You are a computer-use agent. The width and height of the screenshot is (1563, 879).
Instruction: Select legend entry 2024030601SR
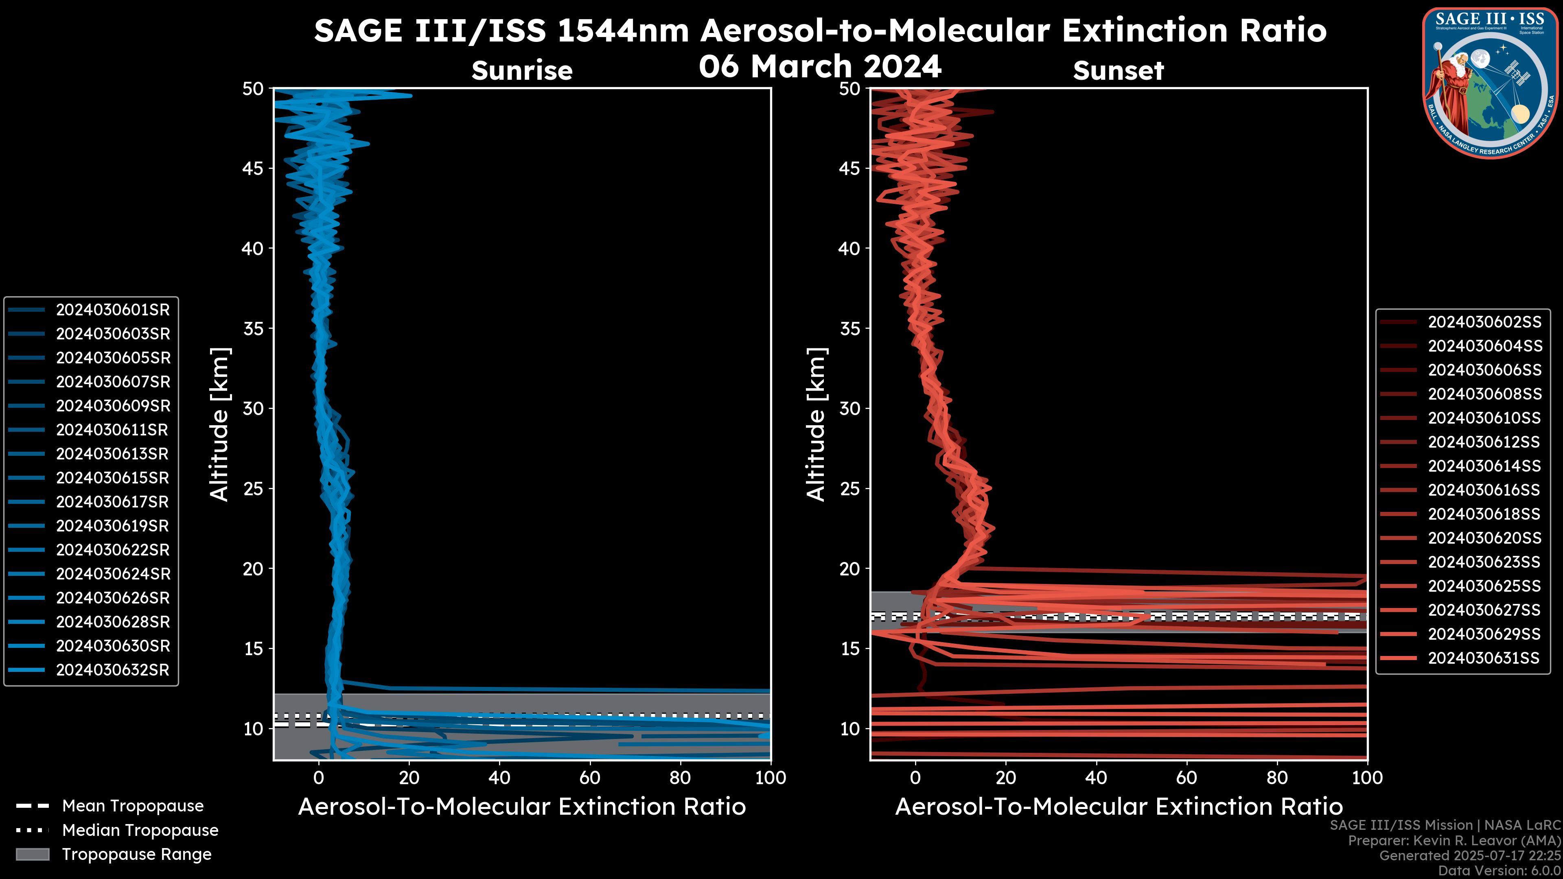[x=112, y=310]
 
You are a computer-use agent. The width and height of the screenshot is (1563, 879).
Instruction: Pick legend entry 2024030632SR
[x=112, y=670]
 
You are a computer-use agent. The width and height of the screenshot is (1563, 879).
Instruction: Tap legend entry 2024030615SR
[x=112, y=478]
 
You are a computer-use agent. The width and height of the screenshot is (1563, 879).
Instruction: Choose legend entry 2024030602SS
[x=1484, y=322]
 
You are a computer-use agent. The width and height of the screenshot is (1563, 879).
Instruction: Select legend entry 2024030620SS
[x=1484, y=538]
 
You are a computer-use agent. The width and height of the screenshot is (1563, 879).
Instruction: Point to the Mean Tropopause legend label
[x=133, y=806]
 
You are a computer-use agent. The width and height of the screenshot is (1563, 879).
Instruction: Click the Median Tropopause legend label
[x=140, y=831]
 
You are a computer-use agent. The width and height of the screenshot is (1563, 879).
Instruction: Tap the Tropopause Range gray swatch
[x=32, y=855]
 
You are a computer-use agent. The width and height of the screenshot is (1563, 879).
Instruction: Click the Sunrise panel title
[x=522, y=71]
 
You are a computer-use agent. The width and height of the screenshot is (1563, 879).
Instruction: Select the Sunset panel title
[x=1118, y=71]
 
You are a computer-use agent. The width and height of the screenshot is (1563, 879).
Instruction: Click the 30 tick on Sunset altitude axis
[x=849, y=409]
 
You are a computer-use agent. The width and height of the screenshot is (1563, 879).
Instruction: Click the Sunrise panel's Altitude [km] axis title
[x=220, y=424]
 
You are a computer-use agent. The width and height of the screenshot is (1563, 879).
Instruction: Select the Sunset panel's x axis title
[x=1118, y=807]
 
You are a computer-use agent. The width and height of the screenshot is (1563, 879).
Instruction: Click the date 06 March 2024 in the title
[x=820, y=66]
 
